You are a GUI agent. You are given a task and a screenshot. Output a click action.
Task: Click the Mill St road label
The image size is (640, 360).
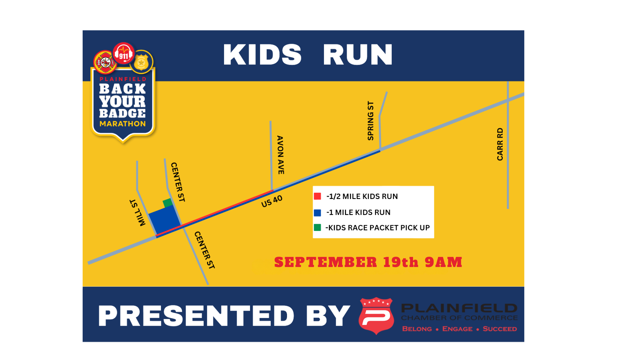click(137, 213)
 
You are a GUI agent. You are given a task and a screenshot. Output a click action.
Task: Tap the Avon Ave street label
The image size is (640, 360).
click(281, 155)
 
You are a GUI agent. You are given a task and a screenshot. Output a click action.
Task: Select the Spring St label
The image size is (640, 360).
click(370, 121)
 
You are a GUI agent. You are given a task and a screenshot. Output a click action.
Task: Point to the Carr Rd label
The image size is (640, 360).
click(500, 144)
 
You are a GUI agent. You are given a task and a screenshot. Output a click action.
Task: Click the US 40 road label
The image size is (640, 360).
click(272, 201)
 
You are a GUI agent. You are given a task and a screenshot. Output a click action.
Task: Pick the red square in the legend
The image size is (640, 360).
click(317, 196)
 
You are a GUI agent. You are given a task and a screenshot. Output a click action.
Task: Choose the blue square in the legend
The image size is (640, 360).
click(317, 212)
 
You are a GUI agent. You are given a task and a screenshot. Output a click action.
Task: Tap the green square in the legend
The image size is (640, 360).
click(317, 228)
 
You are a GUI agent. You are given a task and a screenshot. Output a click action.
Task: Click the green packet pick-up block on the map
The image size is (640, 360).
click(167, 203)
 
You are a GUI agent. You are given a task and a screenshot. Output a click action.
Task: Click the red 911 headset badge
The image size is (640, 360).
click(124, 53)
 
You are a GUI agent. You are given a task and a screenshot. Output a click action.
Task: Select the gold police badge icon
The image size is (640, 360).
click(141, 62)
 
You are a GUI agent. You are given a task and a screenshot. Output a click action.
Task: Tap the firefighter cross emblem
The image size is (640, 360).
click(105, 62)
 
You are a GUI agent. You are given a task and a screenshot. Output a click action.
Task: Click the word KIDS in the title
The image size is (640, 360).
click(262, 55)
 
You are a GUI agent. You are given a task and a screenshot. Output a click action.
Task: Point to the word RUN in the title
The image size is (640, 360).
click(358, 55)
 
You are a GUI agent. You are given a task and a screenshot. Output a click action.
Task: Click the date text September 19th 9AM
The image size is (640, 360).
click(368, 262)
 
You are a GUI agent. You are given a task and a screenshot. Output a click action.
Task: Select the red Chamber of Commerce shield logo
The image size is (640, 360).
click(376, 316)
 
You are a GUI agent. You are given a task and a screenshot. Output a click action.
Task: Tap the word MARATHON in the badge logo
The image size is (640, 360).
click(123, 124)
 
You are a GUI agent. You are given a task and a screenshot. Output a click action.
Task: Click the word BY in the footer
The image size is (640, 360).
click(328, 316)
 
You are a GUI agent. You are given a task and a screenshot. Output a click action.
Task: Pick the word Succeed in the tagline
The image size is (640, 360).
click(500, 329)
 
